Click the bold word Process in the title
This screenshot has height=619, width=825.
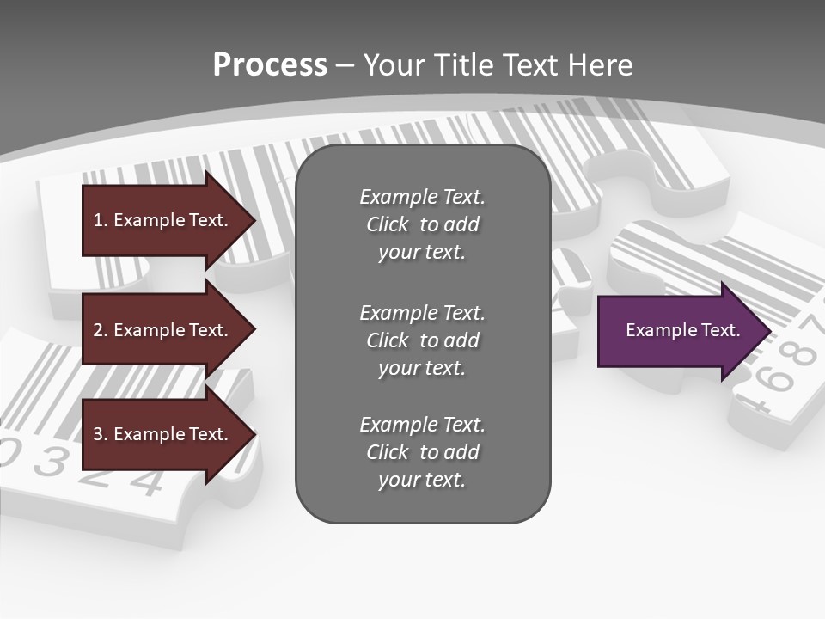click(x=270, y=65)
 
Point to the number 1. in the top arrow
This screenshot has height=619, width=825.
click(x=101, y=220)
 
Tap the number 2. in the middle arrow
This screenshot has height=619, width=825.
click(x=101, y=330)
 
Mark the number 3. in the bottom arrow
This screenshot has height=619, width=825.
click(x=101, y=434)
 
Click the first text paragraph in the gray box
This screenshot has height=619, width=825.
click(x=422, y=224)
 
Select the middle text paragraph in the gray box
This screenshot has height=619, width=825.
click(x=422, y=340)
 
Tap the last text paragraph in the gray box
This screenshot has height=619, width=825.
click(x=422, y=452)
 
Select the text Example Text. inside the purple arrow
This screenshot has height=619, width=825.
click(x=682, y=330)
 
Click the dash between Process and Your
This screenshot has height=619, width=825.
click(x=345, y=65)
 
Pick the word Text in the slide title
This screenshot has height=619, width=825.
click(x=530, y=65)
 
